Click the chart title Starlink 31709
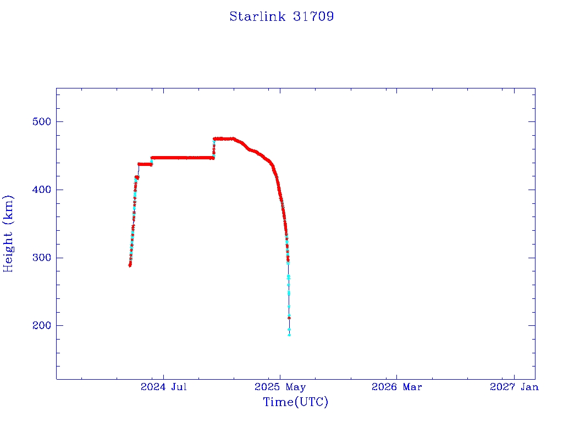pyautogui.click(x=281, y=16)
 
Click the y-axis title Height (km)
pyautogui.click(x=8, y=234)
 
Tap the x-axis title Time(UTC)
pyautogui.click(x=295, y=402)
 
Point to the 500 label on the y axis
pyautogui.click(x=42, y=121)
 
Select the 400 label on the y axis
pyautogui.click(x=42, y=190)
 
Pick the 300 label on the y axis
pyautogui.click(x=42, y=258)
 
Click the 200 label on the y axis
pyautogui.click(x=42, y=325)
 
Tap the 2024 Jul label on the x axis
pyautogui.click(x=164, y=387)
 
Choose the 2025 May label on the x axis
pyautogui.click(x=280, y=387)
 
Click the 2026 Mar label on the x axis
pyautogui.click(x=397, y=387)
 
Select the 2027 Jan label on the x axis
pyautogui.click(x=514, y=387)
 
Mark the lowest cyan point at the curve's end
pyautogui.click(x=289, y=335)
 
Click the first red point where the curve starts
pyautogui.click(x=130, y=265)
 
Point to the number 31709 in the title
pyautogui.click(x=313, y=16)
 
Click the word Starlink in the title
pyautogui.click(x=257, y=16)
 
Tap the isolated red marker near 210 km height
pyautogui.click(x=289, y=318)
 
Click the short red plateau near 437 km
pyautogui.click(x=145, y=164)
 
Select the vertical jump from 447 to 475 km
pyautogui.click(x=214, y=148)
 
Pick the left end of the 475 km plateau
pyautogui.click(x=214, y=139)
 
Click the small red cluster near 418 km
pyautogui.click(x=137, y=177)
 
